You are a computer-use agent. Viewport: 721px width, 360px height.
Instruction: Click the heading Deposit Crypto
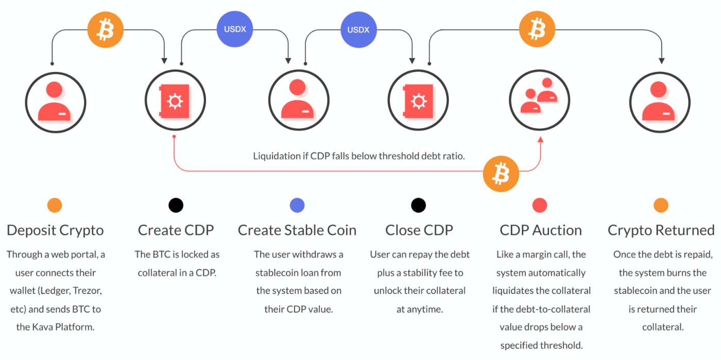55,230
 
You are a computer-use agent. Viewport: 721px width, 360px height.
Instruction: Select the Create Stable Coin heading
297,230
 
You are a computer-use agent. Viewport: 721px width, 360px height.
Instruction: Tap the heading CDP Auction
540,230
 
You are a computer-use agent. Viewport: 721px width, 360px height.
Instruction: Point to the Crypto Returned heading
661,230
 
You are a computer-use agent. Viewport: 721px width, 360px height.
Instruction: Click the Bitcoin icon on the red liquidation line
501,174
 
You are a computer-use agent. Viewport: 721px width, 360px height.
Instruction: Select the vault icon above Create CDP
175,101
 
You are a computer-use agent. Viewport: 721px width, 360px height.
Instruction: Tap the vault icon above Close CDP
418,101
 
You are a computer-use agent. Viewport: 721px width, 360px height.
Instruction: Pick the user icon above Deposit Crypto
55,101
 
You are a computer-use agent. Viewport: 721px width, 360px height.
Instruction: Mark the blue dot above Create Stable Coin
297,205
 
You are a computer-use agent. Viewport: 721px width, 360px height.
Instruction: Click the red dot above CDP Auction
539,205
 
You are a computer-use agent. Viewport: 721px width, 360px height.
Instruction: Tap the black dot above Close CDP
418,205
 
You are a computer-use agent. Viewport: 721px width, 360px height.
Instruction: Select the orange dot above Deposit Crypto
55,205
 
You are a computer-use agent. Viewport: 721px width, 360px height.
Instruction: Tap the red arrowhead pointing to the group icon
540,139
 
